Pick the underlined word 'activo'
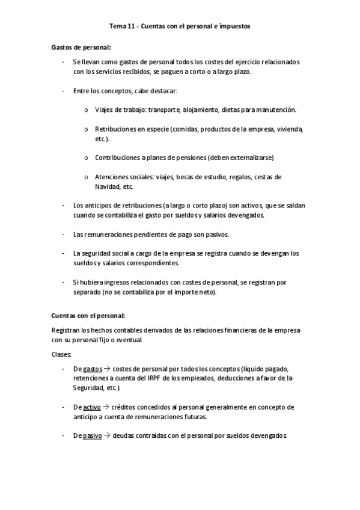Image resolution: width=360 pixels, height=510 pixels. [x=91, y=407]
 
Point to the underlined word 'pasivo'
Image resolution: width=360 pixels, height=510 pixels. [x=92, y=435]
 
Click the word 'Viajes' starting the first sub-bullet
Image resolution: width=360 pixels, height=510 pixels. [x=105, y=110]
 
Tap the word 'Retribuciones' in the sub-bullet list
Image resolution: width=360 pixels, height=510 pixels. [x=116, y=129]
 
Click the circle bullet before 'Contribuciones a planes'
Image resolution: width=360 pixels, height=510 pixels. [x=87, y=158]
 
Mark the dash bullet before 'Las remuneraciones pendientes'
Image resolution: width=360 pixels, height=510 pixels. [x=64, y=235]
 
